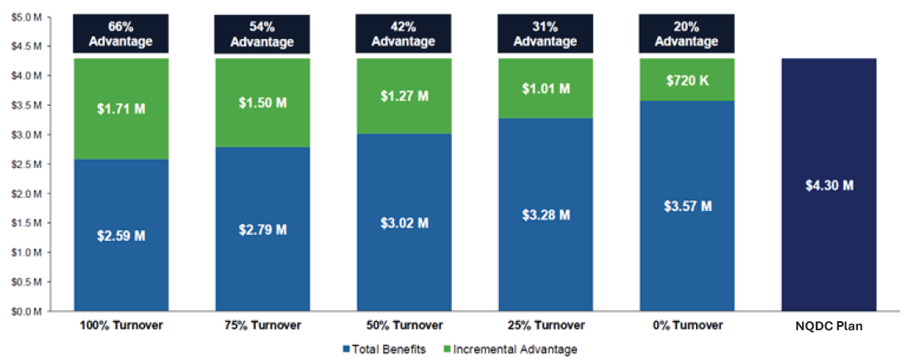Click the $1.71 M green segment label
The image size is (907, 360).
point(121,108)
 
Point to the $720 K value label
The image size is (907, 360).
point(686,79)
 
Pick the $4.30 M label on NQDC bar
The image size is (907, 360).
point(828,185)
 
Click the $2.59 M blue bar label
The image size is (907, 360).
point(121,236)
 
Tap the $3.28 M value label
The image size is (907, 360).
point(545,215)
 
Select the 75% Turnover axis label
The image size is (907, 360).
point(262,326)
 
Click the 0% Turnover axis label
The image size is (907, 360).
point(686,326)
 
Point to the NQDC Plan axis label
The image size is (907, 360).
point(828,326)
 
